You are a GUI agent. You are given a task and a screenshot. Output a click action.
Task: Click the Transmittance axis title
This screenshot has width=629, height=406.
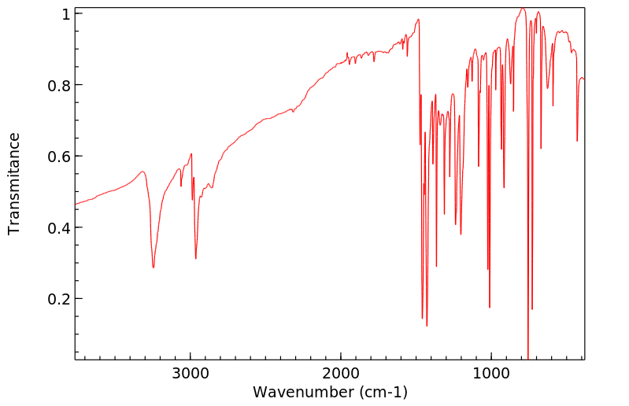pos(14,183)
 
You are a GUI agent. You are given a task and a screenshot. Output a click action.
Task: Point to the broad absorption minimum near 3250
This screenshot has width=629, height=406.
pos(154,268)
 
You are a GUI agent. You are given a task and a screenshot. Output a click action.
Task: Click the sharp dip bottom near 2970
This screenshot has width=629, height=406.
pos(196,258)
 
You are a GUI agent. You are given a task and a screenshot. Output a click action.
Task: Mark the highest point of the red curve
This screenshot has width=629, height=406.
pos(522,9)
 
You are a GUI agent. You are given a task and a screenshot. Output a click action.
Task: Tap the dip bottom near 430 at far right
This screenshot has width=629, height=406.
pos(577,141)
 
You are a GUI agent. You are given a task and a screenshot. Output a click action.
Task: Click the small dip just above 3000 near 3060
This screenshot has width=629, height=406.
pos(181,186)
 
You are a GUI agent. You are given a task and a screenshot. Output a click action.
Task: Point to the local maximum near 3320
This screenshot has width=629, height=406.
pos(142,172)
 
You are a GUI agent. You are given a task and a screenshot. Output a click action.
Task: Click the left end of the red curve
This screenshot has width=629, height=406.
pos(76,205)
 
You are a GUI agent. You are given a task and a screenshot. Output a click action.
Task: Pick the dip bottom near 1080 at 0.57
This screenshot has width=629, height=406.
pos(479,166)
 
